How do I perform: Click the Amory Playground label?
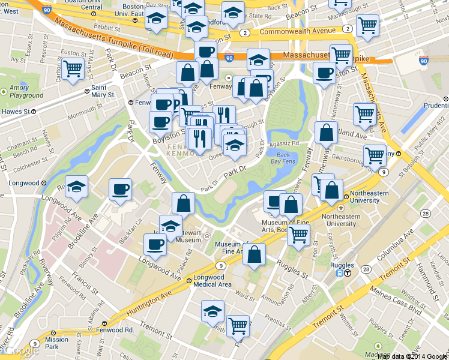point(26,92)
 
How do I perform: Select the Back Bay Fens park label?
point(287,157)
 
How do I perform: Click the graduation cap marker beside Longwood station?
point(76,186)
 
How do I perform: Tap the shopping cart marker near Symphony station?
point(375,155)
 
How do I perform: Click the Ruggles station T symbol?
point(348,271)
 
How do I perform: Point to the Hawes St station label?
point(16,111)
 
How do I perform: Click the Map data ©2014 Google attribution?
point(412,355)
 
